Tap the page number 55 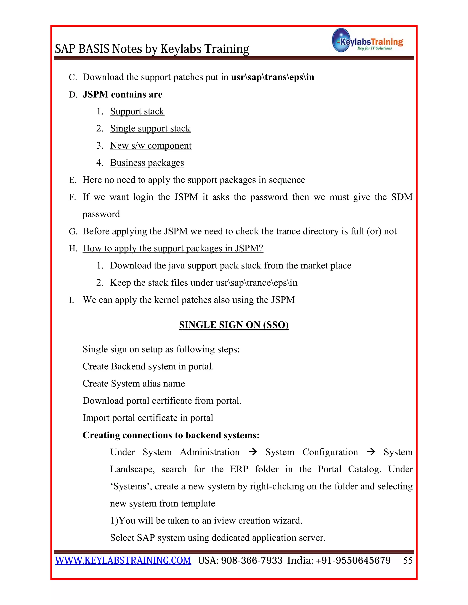[x=408, y=560]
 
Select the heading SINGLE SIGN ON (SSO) [x=234, y=325]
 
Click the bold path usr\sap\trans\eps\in [x=273, y=77]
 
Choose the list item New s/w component [x=151, y=145]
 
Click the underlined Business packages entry [x=147, y=163]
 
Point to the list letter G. [x=73, y=231]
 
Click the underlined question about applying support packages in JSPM [x=173, y=248]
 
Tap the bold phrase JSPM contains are [x=122, y=95]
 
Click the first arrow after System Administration [x=252, y=452]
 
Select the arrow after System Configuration [x=371, y=452]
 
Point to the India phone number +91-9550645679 [x=353, y=560]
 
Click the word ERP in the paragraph [x=239, y=469]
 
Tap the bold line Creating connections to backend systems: [x=171, y=435]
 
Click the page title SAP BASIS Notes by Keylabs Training [x=152, y=49]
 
